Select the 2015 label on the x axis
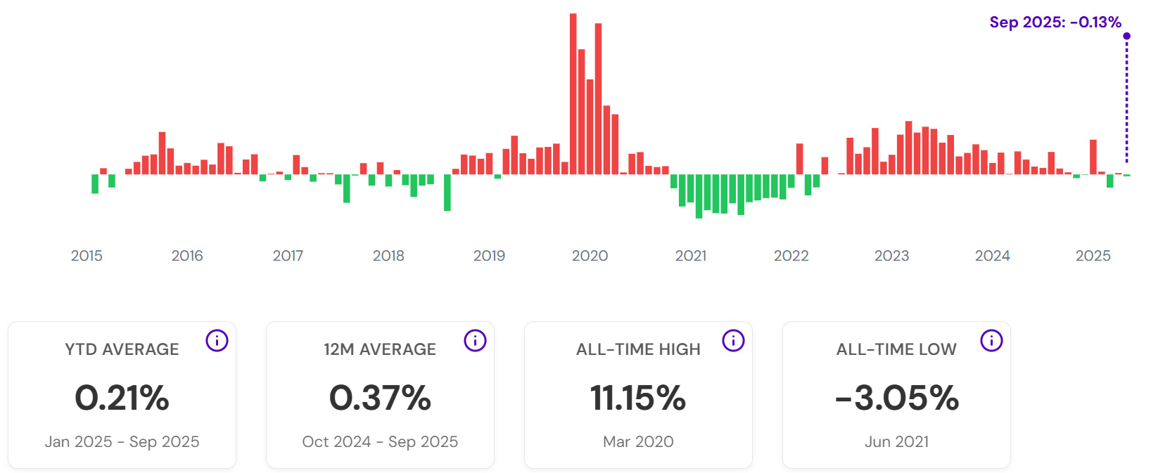point(87,256)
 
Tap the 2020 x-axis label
point(590,256)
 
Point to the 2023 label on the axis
point(891,256)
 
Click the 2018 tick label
point(388,256)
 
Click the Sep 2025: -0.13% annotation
point(1055,22)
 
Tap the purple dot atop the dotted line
point(1126,36)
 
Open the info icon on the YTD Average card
point(217,341)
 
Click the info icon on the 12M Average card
point(475,341)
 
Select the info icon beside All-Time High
point(733,341)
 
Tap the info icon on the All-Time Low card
point(991,341)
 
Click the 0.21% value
point(122,398)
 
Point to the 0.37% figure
point(380,398)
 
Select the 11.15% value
point(638,398)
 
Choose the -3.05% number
point(896,398)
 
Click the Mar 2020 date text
point(638,441)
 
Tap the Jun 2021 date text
point(896,441)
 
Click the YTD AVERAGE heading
point(122,349)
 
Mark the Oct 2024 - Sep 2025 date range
point(380,441)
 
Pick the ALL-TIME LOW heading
point(896,349)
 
